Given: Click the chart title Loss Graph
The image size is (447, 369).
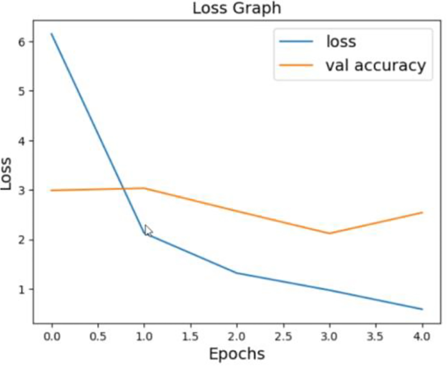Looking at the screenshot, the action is click(237, 9).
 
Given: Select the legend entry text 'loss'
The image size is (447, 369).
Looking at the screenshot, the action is click(341, 41).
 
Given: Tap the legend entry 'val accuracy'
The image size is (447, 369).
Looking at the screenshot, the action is click(376, 65).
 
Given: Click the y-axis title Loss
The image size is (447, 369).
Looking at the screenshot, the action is click(6, 173).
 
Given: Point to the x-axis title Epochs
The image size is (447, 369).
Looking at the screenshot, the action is click(237, 354).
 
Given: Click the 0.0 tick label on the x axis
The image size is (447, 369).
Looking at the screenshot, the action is click(52, 337).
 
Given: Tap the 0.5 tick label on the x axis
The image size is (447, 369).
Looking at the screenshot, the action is click(98, 337).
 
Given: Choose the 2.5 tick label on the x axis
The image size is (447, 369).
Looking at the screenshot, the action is click(283, 337).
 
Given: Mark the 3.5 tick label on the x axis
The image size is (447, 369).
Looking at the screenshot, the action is click(376, 337).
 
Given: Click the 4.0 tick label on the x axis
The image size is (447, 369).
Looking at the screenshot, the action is click(422, 337).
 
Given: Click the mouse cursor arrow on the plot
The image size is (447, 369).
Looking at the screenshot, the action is click(148, 231).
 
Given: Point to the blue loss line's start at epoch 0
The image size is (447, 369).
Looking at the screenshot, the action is click(52, 33).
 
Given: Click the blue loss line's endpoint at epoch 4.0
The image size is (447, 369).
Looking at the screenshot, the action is click(422, 309).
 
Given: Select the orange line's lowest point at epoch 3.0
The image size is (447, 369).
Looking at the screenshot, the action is click(330, 233).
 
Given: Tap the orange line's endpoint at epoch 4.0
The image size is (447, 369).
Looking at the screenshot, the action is click(422, 212).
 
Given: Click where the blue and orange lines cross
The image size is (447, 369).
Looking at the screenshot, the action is click(124, 189).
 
